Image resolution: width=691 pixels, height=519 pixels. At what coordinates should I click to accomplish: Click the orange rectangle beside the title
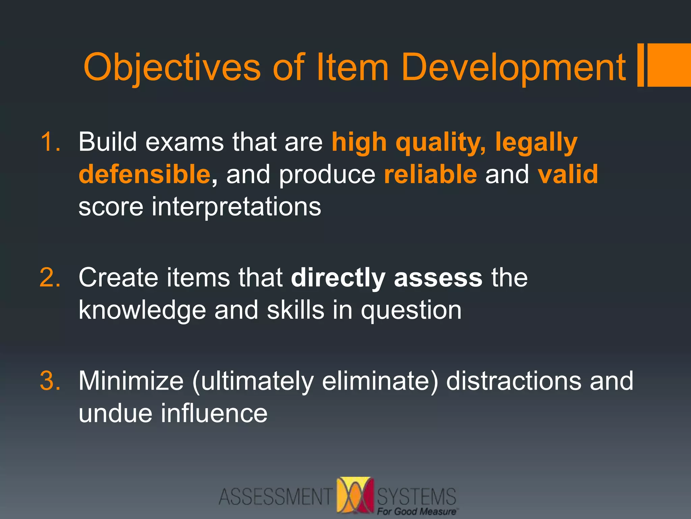pos(668,65)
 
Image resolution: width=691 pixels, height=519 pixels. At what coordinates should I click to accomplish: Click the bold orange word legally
pos(536,143)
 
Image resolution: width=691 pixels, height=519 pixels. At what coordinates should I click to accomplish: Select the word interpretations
pos(236,207)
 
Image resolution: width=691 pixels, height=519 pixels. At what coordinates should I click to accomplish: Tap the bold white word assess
pos(438,278)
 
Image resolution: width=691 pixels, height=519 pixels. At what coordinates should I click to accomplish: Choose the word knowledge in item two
pos(142,310)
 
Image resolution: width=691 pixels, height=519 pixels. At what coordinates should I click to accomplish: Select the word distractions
pos(514,381)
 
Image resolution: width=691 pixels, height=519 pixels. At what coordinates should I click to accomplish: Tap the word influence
pos(214,413)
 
